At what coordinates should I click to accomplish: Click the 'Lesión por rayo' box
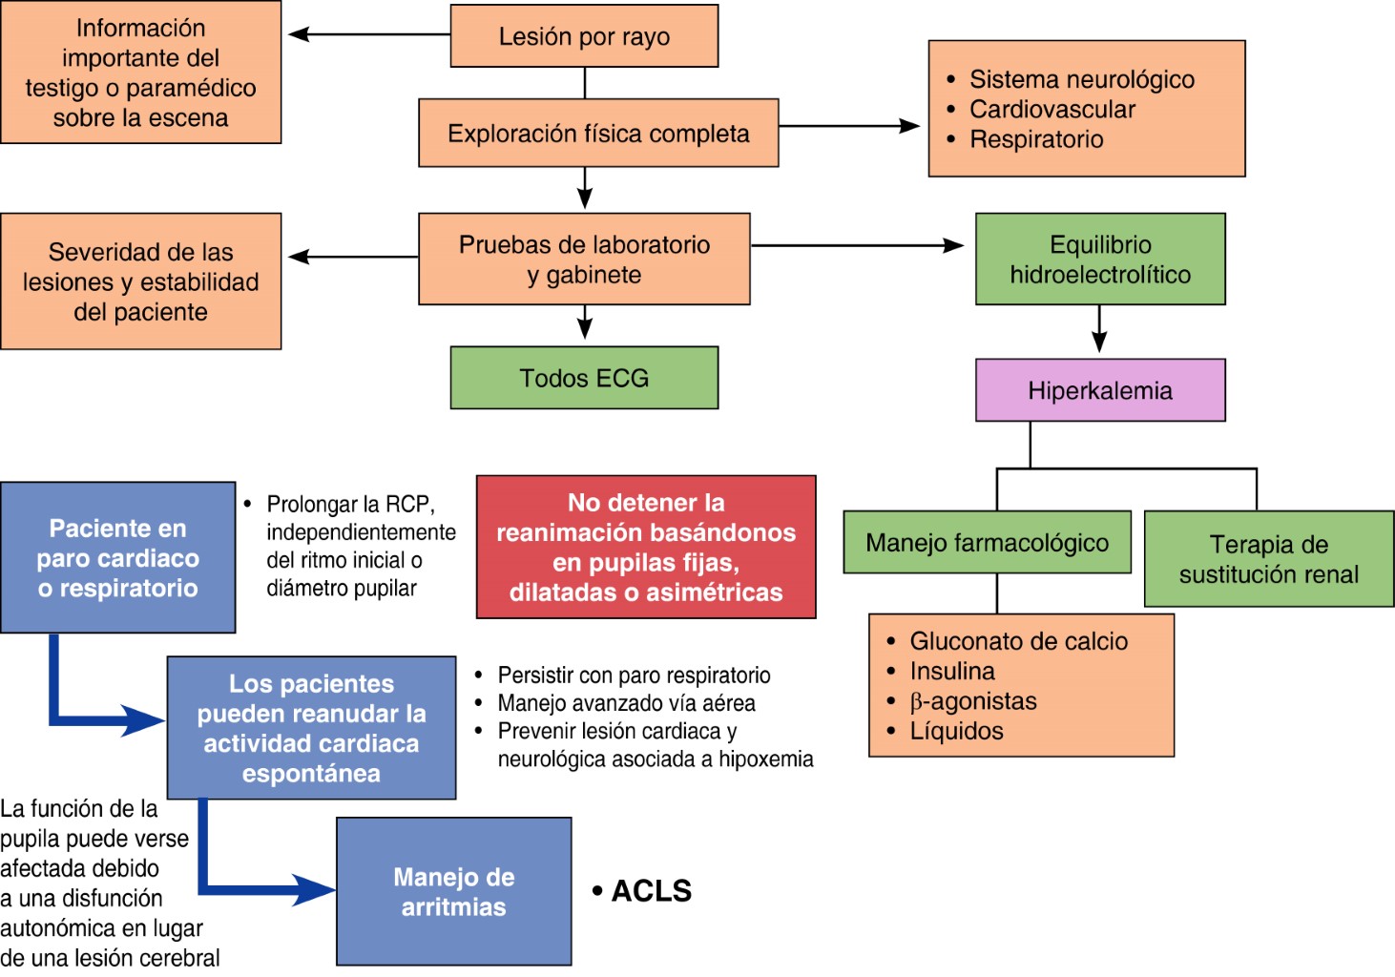pos(584,36)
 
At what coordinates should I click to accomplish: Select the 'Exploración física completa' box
pos(598,134)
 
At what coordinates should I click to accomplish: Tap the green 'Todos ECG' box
pos(584,378)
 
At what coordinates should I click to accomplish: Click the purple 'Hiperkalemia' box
pos(1100,390)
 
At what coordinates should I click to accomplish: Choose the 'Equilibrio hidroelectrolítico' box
pos(1100,260)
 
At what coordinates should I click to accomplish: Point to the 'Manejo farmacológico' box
pos(987,543)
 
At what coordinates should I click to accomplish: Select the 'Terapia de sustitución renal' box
pos(1269,559)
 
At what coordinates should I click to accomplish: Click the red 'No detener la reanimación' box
pos(646,548)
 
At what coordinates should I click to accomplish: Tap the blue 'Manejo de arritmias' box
pos(454,891)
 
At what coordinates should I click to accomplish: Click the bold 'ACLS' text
pos(652,891)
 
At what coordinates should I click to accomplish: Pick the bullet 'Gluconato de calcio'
pos(1018,641)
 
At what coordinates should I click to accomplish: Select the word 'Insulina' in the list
pos(952,671)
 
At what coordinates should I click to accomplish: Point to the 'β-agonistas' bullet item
pos(973,701)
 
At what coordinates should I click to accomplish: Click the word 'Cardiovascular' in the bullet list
pos(1052,110)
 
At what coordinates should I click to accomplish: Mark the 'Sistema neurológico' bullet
pos(1082,79)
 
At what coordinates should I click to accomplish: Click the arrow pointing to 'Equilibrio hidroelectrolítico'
pos(859,245)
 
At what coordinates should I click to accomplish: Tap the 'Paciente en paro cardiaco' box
pos(118,558)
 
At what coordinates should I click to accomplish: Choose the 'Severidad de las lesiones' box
pos(141,281)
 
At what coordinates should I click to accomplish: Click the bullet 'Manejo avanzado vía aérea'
pos(626,703)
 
